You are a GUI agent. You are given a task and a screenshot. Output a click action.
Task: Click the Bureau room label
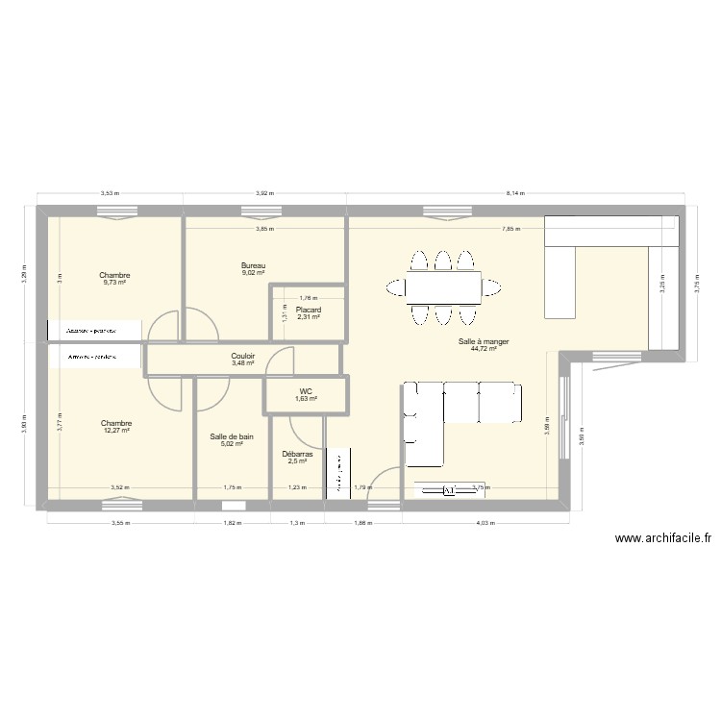coord(254,265)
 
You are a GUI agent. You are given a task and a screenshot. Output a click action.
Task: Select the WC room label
coord(306,391)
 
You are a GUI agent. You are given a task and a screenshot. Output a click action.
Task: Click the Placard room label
coord(308,311)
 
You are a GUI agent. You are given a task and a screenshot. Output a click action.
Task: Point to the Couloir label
coord(243,356)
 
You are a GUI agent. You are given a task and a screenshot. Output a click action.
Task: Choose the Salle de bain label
coord(232,436)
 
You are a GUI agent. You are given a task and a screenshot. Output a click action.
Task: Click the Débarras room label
coord(297,454)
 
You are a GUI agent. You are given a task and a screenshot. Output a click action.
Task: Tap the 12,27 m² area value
coord(115,431)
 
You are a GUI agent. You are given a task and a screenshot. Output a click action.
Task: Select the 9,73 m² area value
coord(114,283)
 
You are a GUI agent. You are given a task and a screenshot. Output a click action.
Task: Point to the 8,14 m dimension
coord(517,193)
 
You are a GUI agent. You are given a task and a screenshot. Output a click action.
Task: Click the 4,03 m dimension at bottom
coord(485,524)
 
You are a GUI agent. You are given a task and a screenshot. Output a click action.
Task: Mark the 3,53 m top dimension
coord(110,193)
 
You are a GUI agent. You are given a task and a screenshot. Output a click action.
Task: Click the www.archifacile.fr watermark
coord(661,540)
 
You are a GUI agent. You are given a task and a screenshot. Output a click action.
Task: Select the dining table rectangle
coord(442,286)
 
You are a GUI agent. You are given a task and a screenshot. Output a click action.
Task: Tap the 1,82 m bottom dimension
coord(232,524)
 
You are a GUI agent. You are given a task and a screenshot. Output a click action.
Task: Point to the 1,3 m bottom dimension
coord(297,524)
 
